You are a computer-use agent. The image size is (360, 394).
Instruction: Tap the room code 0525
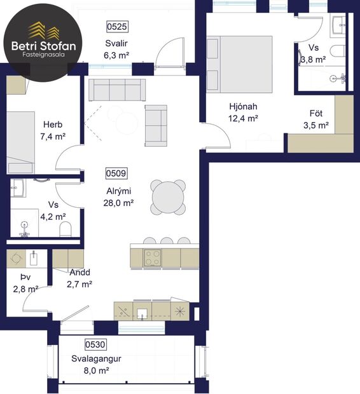pyautogui.click(x=117, y=27)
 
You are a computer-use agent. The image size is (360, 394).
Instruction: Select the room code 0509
pyautogui.click(x=117, y=173)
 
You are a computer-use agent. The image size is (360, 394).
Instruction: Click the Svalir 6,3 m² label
pyautogui.click(x=116, y=50)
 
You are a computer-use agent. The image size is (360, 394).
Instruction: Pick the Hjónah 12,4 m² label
pyautogui.click(x=243, y=112)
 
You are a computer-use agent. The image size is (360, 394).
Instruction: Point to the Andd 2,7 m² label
pyautogui.click(x=80, y=278)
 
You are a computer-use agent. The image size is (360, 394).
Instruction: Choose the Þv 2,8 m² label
pyautogui.click(x=25, y=283)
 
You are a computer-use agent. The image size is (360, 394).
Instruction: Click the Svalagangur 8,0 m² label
pyautogui.click(x=96, y=365)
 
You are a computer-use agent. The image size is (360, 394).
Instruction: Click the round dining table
pyautogui.click(x=168, y=197)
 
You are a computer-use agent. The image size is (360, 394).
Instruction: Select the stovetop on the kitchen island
pyautogui.click(x=153, y=257)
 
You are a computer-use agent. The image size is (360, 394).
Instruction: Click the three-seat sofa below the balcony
pyautogui.click(x=116, y=90)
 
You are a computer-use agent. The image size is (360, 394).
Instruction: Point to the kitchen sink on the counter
pyautogui.click(x=142, y=311)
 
